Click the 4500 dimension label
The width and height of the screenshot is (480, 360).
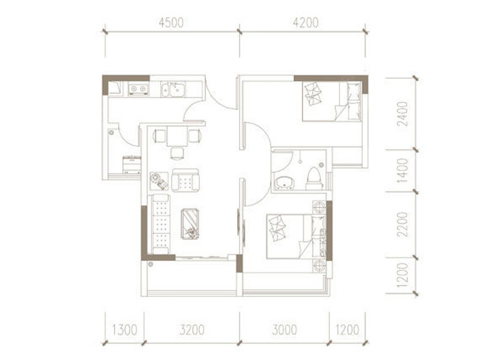[x=171, y=23]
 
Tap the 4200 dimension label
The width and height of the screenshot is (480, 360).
[x=305, y=23]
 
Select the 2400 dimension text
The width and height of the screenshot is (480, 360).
[x=403, y=114]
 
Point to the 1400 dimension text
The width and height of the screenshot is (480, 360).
[x=403, y=170]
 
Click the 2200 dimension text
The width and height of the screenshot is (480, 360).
[x=403, y=224]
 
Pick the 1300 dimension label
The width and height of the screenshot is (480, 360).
[x=124, y=330]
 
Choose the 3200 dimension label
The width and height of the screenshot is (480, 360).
[x=192, y=330]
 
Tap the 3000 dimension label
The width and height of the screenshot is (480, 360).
[x=284, y=330]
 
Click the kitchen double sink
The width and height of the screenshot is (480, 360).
[x=173, y=89]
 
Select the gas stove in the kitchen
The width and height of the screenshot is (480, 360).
[x=138, y=89]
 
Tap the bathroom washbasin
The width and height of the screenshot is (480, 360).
[x=284, y=184]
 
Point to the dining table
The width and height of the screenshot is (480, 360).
[x=177, y=136]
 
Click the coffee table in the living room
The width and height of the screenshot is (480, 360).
[x=190, y=224]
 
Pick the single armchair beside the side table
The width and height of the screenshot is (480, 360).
[x=185, y=181]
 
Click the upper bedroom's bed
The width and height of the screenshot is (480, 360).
[x=332, y=101]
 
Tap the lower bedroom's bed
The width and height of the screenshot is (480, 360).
[x=296, y=236]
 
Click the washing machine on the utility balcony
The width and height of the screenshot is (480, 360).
[x=131, y=165]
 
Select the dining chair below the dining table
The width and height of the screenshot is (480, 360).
[x=177, y=154]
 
